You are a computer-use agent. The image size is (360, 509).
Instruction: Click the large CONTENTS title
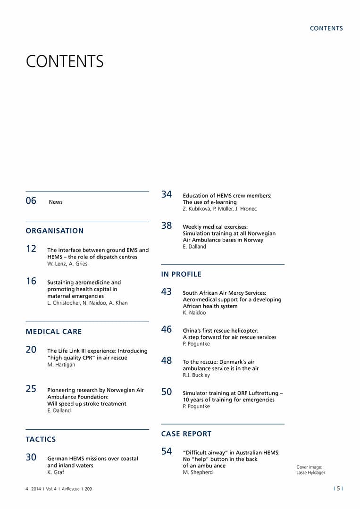[x=65, y=61]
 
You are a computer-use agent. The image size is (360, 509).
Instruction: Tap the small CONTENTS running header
[x=326, y=28]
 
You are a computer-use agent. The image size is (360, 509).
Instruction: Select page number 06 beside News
[x=31, y=201]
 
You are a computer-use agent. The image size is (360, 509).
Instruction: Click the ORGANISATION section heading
[x=55, y=231]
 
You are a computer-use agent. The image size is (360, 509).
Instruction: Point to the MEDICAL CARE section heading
[x=54, y=332]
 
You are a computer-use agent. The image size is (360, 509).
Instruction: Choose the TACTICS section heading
[x=41, y=439]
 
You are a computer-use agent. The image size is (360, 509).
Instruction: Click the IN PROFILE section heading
[x=181, y=274]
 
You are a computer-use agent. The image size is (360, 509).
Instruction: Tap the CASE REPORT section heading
[x=186, y=434]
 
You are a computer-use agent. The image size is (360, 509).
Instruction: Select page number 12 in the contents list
[x=31, y=249]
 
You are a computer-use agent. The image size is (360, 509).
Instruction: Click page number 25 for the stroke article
[x=31, y=389]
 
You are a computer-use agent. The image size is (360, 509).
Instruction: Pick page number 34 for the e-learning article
[x=167, y=194]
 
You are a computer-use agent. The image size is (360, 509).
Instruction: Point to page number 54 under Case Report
[x=167, y=451]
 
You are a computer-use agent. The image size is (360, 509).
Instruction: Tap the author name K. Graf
[x=56, y=472]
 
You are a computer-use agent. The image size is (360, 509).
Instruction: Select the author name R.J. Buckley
[x=196, y=375]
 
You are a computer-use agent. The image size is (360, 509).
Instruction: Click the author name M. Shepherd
[x=198, y=472]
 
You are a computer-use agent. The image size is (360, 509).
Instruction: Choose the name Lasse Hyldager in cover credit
[x=310, y=473]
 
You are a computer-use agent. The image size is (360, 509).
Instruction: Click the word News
[x=56, y=202]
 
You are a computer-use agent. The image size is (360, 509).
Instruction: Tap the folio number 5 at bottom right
[x=338, y=489]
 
